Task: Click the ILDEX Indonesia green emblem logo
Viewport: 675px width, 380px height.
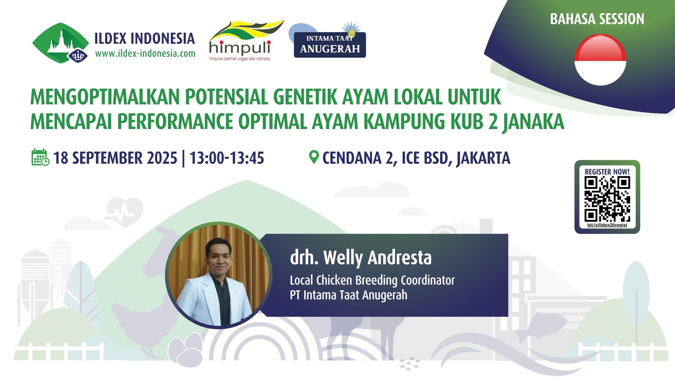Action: tap(61, 43)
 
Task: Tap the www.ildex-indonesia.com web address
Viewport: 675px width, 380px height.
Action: tap(145, 54)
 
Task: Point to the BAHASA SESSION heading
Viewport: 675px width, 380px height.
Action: tap(597, 19)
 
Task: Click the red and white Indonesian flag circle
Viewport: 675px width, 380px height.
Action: tap(600, 60)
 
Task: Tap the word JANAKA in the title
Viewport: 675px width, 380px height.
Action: tap(534, 122)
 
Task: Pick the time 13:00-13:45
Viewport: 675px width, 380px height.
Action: tap(227, 158)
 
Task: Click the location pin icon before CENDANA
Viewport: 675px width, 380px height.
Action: tap(314, 157)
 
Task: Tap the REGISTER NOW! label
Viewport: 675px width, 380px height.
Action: tap(607, 172)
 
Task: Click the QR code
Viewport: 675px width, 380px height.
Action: tap(607, 199)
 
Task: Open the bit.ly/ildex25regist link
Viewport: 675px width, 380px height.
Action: tap(607, 225)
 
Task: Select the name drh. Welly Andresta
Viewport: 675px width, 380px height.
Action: tap(361, 258)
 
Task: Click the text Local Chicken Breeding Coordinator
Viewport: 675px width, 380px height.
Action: tap(372, 280)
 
